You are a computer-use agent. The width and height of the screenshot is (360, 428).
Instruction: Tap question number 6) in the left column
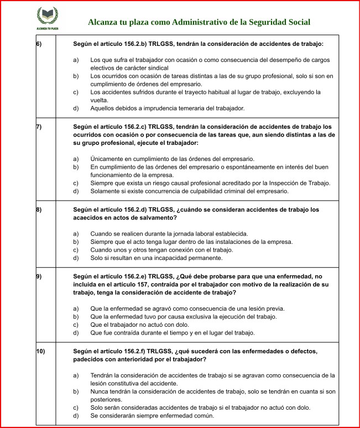tap(39, 44)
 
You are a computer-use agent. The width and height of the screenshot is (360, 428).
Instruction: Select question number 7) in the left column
tap(39, 127)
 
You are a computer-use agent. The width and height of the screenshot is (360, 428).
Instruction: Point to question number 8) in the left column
tap(39, 210)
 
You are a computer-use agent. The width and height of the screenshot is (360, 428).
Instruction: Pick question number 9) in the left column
tap(39, 276)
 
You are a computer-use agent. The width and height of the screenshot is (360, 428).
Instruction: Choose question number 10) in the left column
tap(40, 351)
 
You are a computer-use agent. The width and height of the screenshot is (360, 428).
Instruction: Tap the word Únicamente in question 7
tap(106, 159)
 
